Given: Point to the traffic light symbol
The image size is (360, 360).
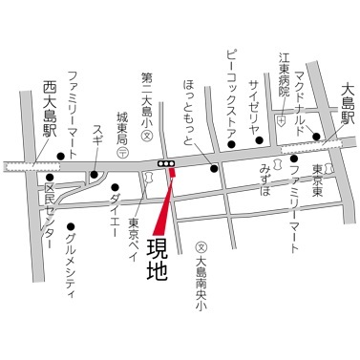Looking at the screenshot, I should [x=168, y=165].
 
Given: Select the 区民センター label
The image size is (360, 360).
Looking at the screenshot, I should [x=50, y=215].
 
